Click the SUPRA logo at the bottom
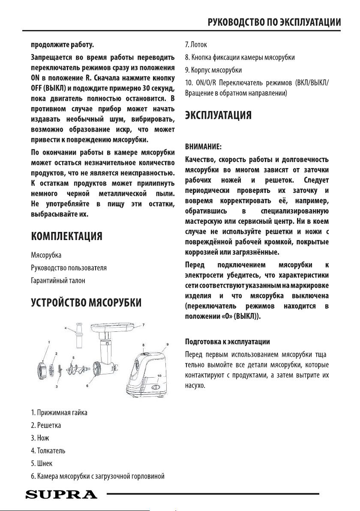tap(61, 494)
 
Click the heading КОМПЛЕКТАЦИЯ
tap(66, 237)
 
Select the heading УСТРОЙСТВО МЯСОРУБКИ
tap(86, 304)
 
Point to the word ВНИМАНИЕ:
tap(203, 147)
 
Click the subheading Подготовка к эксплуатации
tap(227, 342)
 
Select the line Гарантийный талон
tap(58, 280)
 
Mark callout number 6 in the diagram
tap(87, 386)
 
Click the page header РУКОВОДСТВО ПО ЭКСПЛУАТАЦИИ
tap(274, 22)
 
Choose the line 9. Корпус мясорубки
tap(213, 69)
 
